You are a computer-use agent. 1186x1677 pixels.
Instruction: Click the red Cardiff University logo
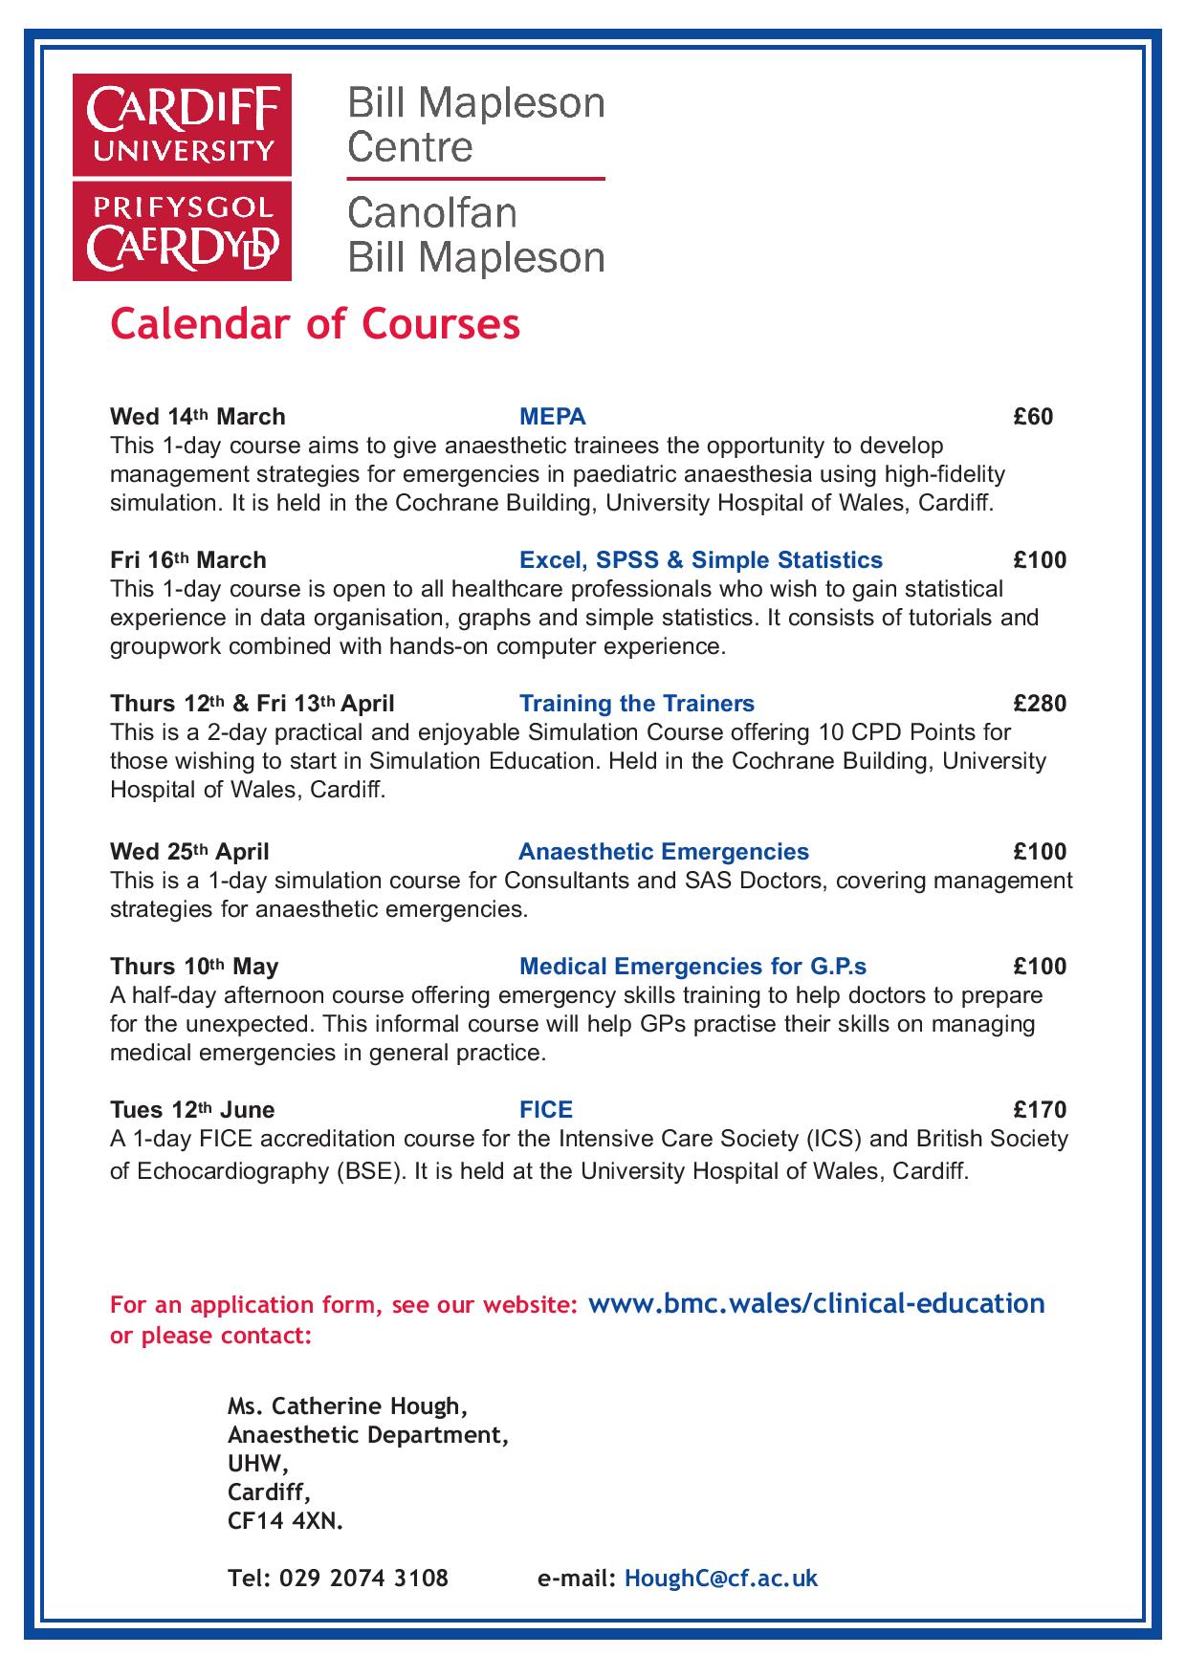pos(182,178)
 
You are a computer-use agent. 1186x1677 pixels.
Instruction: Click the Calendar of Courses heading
pos(315,324)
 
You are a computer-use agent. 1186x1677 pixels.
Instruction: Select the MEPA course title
pos(552,417)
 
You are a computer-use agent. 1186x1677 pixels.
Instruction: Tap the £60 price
pos(1033,417)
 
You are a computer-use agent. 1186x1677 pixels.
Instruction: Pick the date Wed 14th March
pos(198,417)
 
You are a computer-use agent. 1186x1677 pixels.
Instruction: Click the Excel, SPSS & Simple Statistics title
pos(700,560)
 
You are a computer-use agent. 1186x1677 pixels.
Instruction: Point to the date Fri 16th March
pos(188,560)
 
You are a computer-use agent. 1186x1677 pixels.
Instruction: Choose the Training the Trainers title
pos(636,705)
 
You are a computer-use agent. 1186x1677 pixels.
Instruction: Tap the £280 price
pos(1040,705)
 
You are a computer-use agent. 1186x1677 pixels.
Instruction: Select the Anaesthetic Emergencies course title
pos(663,852)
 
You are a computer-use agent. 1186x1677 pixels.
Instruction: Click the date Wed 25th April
pos(189,852)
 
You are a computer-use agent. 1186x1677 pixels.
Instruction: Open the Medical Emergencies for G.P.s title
pos(692,967)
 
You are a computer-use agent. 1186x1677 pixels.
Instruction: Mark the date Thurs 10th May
pos(194,967)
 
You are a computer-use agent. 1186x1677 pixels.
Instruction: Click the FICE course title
pos(545,1110)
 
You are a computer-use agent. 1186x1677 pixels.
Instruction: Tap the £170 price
pos(1040,1110)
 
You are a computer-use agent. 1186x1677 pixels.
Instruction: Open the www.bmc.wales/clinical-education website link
pos(816,1303)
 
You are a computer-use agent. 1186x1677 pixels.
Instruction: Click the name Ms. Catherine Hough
pos(347,1406)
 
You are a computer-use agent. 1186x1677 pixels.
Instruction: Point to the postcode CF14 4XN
pos(285,1521)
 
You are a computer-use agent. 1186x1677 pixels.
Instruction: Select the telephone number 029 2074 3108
pos(363,1579)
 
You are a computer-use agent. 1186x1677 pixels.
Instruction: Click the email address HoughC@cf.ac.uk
pos(720,1579)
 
